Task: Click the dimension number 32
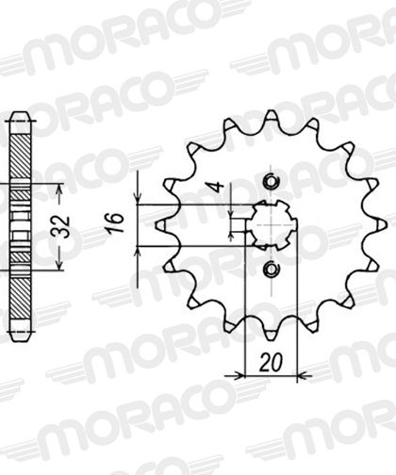[x=64, y=226]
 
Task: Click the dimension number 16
[x=115, y=223]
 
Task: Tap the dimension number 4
[x=217, y=187]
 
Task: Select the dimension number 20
[x=271, y=363]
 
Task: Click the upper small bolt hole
[x=271, y=181]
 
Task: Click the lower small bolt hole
[x=271, y=269]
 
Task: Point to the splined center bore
[x=271, y=225]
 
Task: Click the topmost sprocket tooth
[x=271, y=117]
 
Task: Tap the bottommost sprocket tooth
[x=271, y=334]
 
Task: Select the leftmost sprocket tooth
[x=163, y=225]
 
